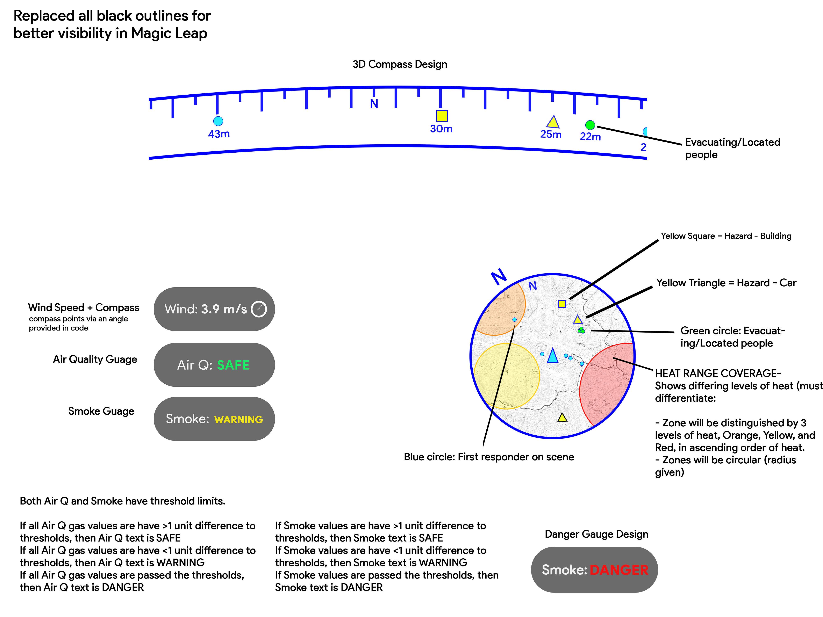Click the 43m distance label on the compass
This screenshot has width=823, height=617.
click(x=219, y=134)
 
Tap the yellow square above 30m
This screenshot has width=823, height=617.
click(x=442, y=116)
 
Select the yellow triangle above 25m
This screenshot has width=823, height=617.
click(x=553, y=122)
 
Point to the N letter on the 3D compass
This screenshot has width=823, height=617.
click(x=374, y=104)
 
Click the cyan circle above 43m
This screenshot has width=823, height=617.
click(x=218, y=121)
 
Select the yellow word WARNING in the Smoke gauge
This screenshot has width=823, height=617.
click(x=238, y=420)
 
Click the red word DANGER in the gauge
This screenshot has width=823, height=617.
click(x=619, y=570)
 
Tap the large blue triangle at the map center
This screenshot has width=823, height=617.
click(x=552, y=356)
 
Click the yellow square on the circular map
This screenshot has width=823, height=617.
click(x=562, y=304)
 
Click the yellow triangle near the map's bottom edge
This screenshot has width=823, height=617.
click(x=562, y=418)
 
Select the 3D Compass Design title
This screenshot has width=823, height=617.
click(x=400, y=64)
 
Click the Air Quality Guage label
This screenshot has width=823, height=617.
click(x=95, y=359)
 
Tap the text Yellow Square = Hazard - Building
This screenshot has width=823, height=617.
click(x=726, y=236)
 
